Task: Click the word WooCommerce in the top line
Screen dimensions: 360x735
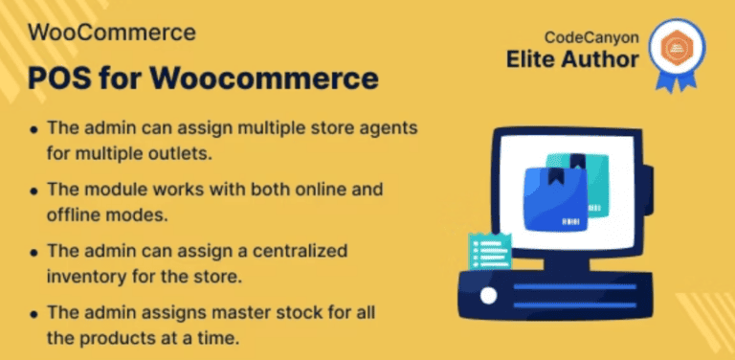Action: click(x=113, y=32)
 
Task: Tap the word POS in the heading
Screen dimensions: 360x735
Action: click(x=56, y=76)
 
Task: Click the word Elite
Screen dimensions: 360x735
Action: click(x=534, y=59)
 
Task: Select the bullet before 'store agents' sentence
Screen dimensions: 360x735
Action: click(x=34, y=128)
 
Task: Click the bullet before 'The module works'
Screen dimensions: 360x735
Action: click(x=34, y=191)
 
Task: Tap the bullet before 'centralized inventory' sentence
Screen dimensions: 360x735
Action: click(x=34, y=252)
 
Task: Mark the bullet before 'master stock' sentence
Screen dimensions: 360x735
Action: click(x=34, y=313)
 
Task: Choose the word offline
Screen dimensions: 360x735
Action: click(x=70, y=214)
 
